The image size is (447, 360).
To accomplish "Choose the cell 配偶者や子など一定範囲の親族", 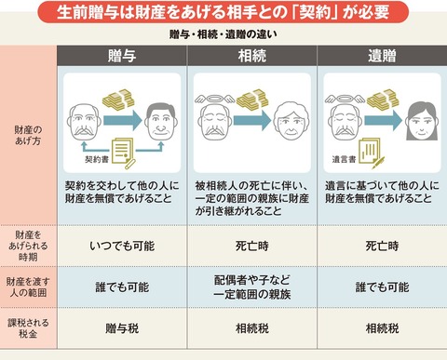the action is tap(251, 287).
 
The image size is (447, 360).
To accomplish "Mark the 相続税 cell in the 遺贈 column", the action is tap(381, 328).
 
